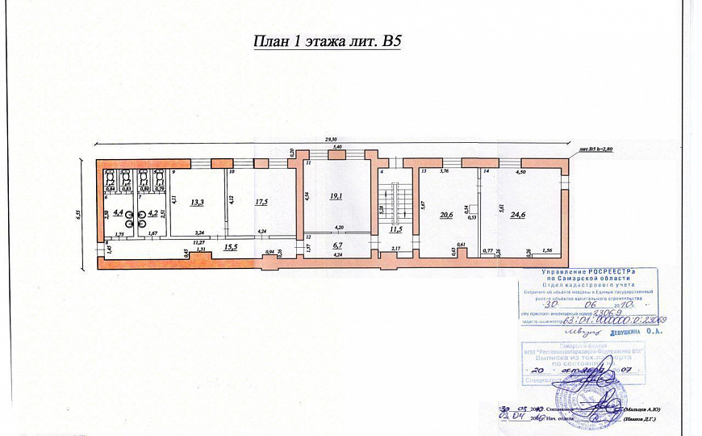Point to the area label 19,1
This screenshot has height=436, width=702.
336,195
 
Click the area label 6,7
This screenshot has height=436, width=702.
339,244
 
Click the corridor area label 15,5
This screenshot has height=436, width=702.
231,246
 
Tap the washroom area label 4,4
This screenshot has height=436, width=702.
119,213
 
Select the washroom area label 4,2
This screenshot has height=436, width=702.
152,214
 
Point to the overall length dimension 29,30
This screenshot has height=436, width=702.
330,140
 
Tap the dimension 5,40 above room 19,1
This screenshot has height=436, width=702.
338,147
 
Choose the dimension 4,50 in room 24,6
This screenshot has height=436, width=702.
521,172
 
